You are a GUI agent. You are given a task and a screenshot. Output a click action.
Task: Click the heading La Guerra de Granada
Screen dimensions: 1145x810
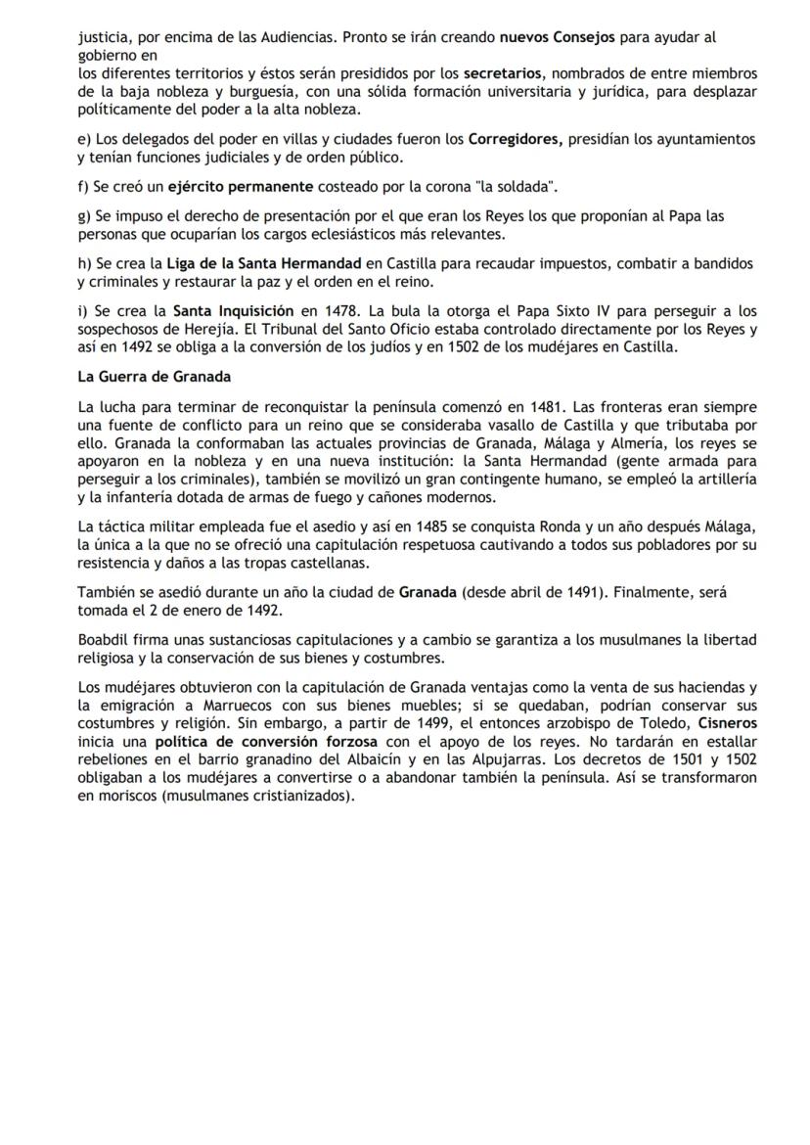[x=154, y=376]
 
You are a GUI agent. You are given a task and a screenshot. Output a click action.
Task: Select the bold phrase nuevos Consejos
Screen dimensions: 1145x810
[x=558, y=38]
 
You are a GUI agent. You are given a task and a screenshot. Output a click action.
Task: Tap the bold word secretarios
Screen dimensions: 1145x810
[x=500, y=73]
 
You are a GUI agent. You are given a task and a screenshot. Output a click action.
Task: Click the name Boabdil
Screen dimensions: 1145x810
[x=104, y=639]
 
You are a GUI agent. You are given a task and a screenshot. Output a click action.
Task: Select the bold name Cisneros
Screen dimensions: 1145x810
[x=728, y=721]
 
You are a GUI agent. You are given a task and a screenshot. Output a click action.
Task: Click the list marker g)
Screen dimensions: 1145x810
[x=84, y=215]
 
